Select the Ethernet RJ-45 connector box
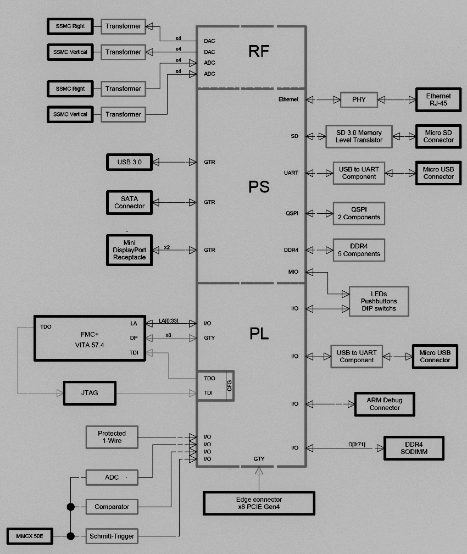click(438, 99)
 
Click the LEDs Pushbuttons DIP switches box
click(379, 302)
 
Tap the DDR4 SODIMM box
click(414, 448)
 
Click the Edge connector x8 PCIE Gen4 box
click(258, 502)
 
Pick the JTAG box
click(90, 392)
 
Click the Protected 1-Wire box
click(112, 437)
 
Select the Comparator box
click(112, 507)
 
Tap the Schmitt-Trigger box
click(112, 536)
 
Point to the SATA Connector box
click(129, 202)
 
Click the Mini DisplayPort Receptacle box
click(129, 250)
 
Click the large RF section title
click(259, 52)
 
